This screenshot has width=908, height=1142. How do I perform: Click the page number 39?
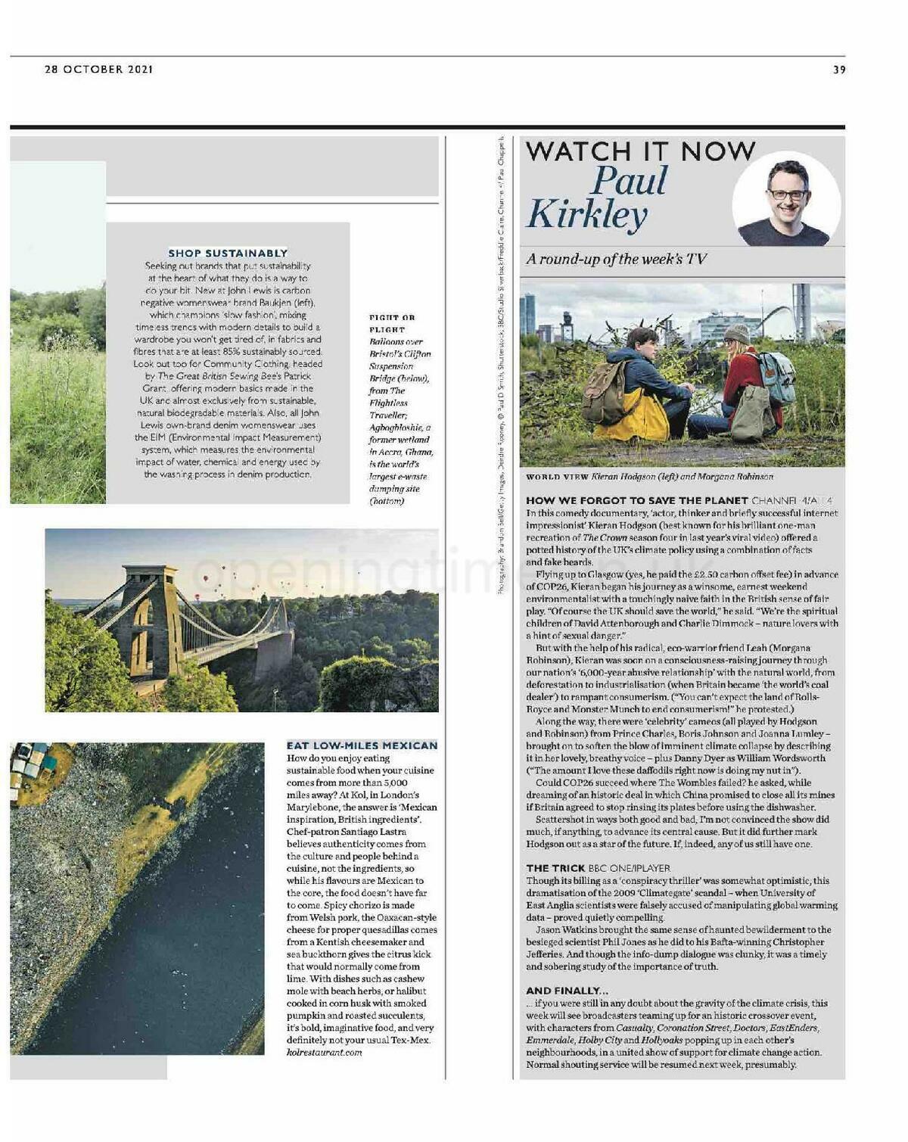click(x=839, y=70)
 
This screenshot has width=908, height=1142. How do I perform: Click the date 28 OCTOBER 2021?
click(x=99, y=70)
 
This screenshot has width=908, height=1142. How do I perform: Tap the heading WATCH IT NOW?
click(x=640, y=151)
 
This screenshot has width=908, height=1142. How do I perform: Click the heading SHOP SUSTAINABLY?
click(x=228, y=253)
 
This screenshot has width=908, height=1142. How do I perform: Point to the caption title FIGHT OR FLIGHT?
click(x=392, y=323)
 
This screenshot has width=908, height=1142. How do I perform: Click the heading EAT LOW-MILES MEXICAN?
click(x=362, y=745)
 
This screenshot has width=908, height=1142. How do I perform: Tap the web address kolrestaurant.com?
click(x=324, y=1052)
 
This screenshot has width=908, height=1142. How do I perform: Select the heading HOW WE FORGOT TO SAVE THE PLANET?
click(x=636, y=500)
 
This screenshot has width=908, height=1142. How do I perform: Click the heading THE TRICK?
click(x=555, y=868)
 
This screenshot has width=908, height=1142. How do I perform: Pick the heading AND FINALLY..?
click(x=567, y=991)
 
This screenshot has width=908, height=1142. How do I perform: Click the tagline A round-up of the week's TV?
click(x=617, y=259)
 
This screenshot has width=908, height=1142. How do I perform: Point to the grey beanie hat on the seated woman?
click(x=736, y=333)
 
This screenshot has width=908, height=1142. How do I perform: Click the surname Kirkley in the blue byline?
click(x=587, y=214)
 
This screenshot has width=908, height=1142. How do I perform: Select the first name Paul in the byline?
click(x=630, y=180)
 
